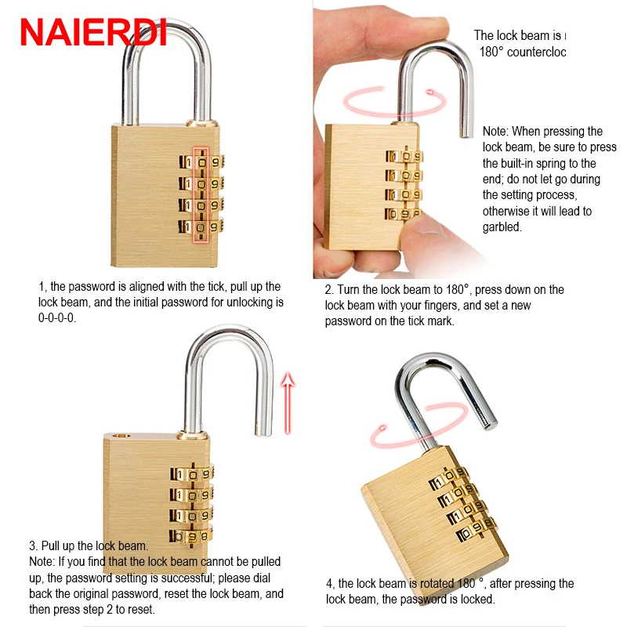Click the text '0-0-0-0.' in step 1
pyautogui.click(x=57, y=317)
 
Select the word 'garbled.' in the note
pyautogui.click(x=502, y=227)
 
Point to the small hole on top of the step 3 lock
pyautogui.click(x=119, y=433)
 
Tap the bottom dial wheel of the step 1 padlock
pyautogui.click(x=201, y=228)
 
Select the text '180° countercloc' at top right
pyautogui.click(x=522, y=52)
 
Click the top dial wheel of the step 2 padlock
pyautogui.click(x=404, y=156)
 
